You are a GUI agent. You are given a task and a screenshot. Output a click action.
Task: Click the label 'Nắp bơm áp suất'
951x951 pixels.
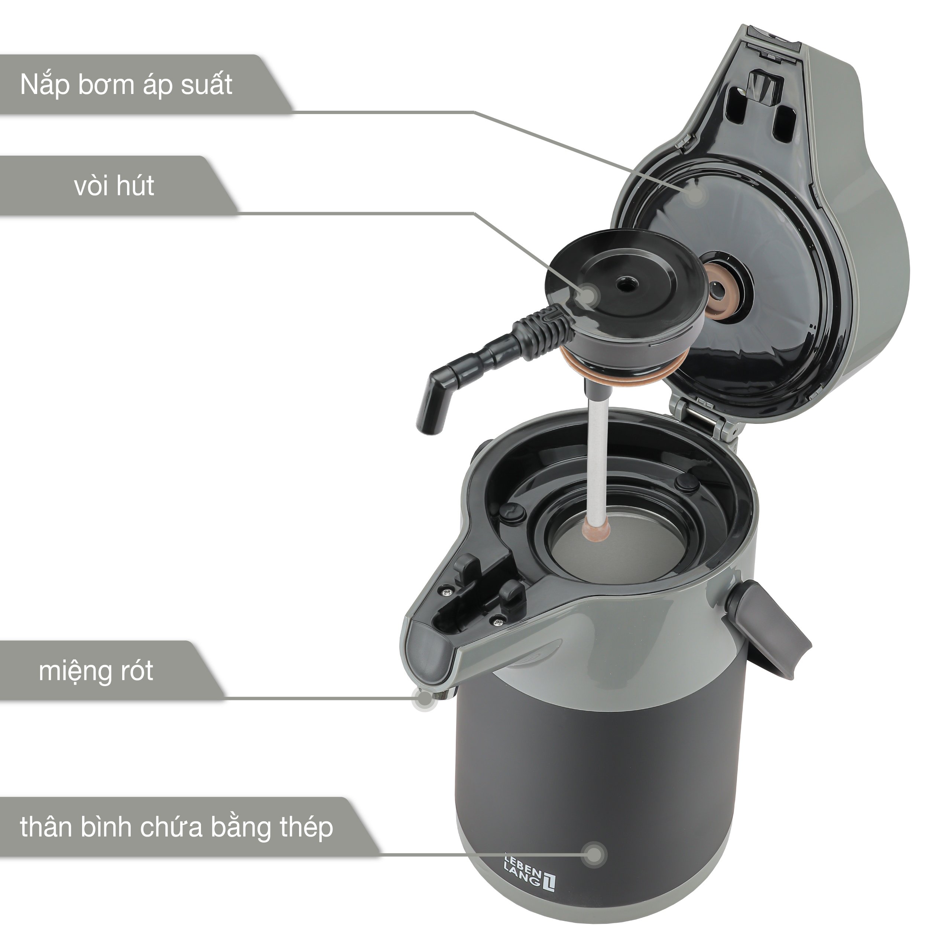click(126, 85)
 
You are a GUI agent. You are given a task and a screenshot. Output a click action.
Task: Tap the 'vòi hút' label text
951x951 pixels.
click(114, 186)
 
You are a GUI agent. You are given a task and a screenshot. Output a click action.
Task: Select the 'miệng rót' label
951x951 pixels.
click(96, 671)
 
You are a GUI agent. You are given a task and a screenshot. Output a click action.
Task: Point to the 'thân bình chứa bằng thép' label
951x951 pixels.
click(176, 827)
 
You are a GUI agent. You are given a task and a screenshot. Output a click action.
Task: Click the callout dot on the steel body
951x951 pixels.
click(595, 854)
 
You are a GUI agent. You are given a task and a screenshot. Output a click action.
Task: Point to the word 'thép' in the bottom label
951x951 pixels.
click(307, 828)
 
